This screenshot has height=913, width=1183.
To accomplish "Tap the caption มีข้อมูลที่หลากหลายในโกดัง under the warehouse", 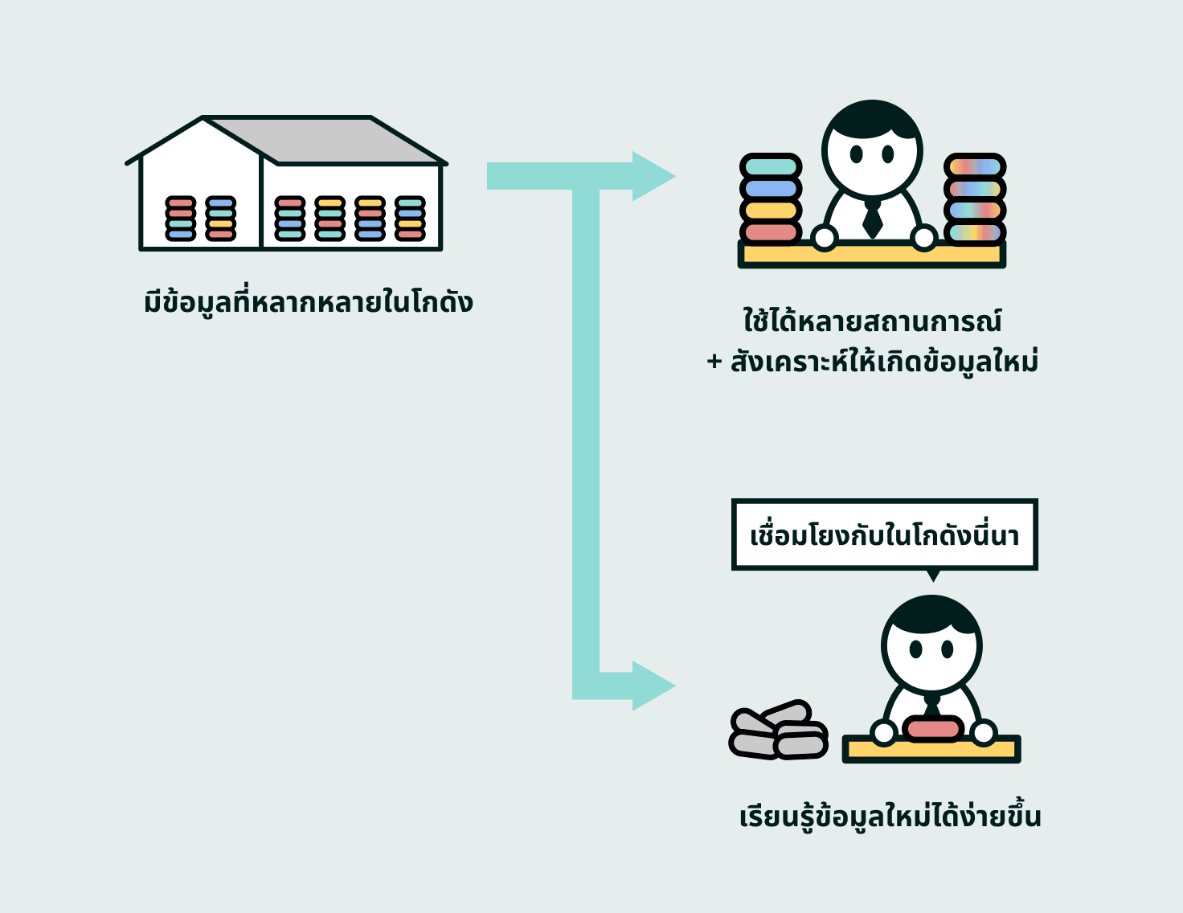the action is click(308, 303).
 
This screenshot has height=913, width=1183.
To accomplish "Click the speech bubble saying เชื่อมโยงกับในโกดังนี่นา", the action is click(884, 535).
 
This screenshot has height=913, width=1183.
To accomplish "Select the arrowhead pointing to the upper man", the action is click(653, 176).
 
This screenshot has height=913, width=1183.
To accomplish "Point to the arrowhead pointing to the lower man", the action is click(653, 686).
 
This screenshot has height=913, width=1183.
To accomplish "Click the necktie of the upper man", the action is click(872, 219).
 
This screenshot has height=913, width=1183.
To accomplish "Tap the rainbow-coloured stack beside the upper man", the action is click(974, 199).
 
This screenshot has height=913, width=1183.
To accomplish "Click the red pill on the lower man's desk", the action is click(932, 729).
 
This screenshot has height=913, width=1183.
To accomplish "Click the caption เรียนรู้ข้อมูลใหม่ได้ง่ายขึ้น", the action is click(890, 817).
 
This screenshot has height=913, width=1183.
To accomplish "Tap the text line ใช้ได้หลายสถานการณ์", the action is click(872, 321).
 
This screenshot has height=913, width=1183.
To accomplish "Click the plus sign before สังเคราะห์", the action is click(714, 362).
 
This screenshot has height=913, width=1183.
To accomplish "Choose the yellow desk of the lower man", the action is click(931, 750).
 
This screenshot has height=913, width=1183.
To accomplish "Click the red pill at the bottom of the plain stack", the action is click(771, 233).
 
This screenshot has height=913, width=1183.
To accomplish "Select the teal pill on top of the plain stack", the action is click(771, 166).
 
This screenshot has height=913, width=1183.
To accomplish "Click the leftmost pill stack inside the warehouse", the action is click(181, 219).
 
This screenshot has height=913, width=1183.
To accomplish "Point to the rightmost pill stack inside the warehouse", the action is click(410, 219).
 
